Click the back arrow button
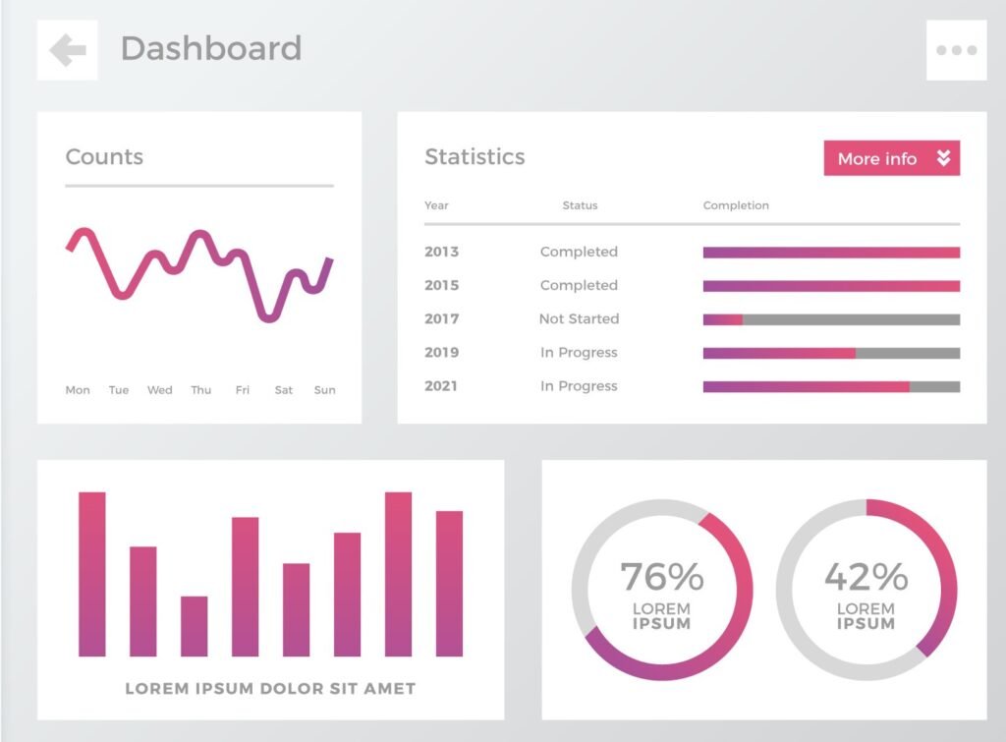[x=68, y=50]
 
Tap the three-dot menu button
[x=956, y=50]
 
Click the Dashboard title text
[x=210, y=48]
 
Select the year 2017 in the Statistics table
[x=441, y=318]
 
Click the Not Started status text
[x=579, y=318]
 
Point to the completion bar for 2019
[x=831, y=353]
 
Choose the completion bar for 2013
[x=831, y=253]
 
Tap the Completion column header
[x=736, y=205]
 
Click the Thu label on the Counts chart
[x=201, y=390]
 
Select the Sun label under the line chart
[x=324, y=390]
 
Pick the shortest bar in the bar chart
[x=195, y=626]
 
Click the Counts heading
[x=104, y=157]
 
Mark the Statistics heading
[x=475, y=157]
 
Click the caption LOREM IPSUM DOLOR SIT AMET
[x=270, y=689]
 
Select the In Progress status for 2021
[x=579, y=386]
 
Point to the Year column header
[x=436, y=205]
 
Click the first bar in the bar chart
[x=92, y=574]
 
